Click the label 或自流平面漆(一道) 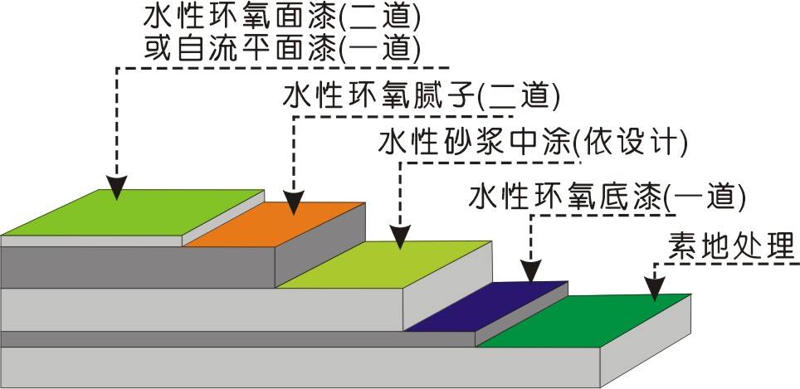[x=281, y=49]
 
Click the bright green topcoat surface [x=133, y=217]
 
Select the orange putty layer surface [x=274, y=226]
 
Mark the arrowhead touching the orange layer [x=292, y=204]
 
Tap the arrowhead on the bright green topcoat [x=117, y=189]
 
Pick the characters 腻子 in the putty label [x=450, y=96]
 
